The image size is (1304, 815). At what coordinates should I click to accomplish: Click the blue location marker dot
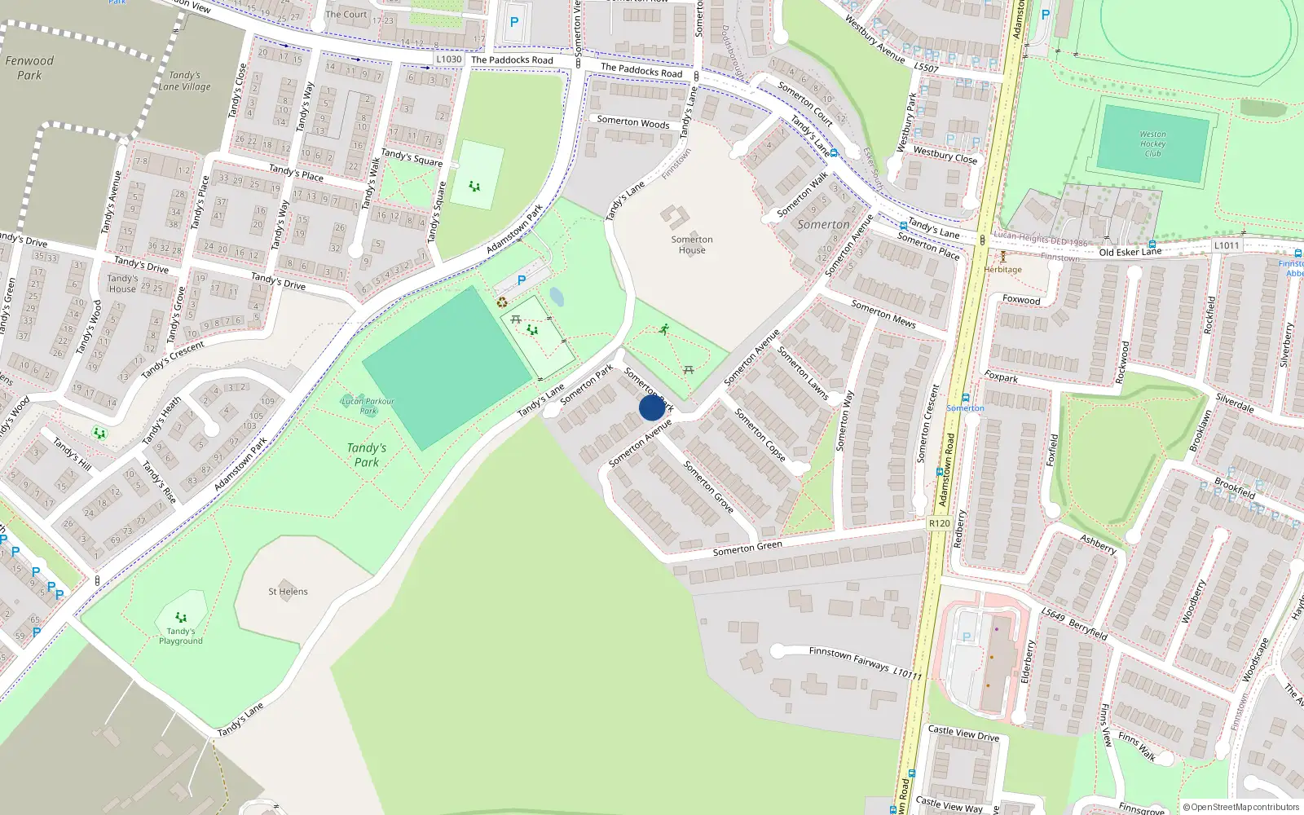click(652, 407)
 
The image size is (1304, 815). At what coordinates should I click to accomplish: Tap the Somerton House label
click(692, 244)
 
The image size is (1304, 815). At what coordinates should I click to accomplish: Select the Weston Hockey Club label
click(1152, 143)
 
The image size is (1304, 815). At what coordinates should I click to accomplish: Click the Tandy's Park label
click(367, 455)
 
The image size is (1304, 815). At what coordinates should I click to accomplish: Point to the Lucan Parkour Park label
click(368, 405)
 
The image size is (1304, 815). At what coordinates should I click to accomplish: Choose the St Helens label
click(288, 592)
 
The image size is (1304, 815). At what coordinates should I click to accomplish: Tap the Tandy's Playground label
click(181, 636)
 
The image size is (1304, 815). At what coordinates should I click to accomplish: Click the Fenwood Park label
click(29, 68)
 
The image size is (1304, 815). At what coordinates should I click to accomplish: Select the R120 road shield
click(939, 523)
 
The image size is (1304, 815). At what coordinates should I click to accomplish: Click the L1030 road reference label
click(448, 59)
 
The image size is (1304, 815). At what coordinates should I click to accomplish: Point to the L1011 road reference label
click(1226, 245)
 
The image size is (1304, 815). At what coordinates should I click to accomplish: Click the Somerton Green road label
click(747, 548)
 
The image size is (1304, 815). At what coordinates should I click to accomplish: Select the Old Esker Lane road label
click(1130, 252)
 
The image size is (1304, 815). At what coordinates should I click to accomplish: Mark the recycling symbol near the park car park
click(502, 302)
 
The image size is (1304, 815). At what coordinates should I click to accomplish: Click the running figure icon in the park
click(664, 329)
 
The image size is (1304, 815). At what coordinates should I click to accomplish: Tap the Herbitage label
click(1002, 269)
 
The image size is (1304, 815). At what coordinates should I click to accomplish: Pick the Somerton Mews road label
click(883, 314)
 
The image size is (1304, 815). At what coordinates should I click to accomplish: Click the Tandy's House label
click(122, 283)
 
